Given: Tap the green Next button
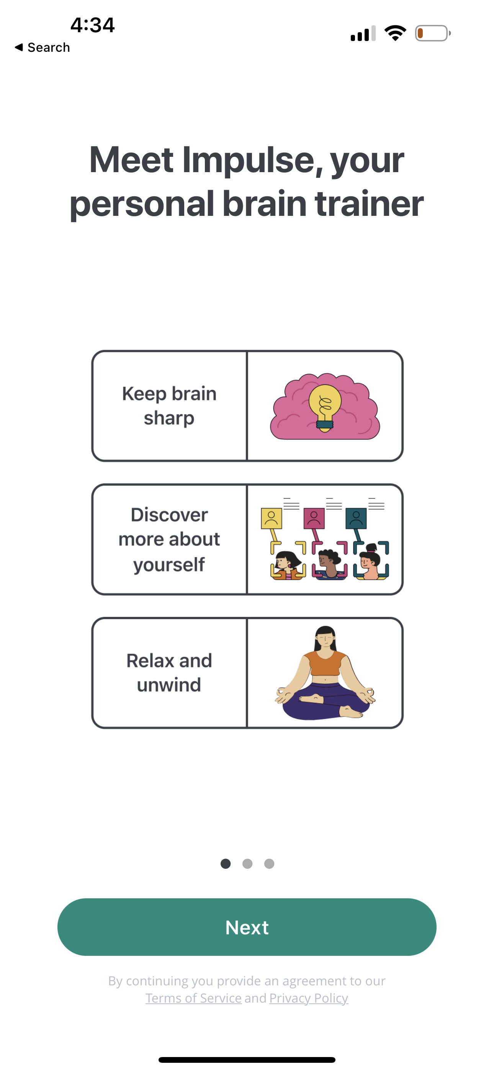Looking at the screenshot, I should (x=247, y=927).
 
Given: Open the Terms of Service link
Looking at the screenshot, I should (x=193, y=998).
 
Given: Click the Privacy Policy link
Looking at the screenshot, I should (x=309, y=998).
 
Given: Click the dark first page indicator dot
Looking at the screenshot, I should (x=226, y=864).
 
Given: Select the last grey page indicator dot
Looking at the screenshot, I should (x=269, y=864).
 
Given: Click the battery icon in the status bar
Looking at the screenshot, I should (x=432, y=33).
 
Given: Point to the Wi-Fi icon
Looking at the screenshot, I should (x=395, y=33).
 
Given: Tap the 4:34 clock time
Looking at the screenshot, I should (x=92, y=25).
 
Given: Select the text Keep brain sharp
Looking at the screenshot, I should (x=169, y=406).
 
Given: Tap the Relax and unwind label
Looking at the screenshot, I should (x=169, y=672).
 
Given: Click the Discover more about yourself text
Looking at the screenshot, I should (x=169, y=539).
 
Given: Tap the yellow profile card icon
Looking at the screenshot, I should (x=271, y=518).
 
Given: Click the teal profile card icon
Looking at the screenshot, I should (x=356, y=518).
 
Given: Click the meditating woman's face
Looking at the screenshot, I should (x=325, y=639).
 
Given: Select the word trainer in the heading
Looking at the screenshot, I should (x=369, y=204).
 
